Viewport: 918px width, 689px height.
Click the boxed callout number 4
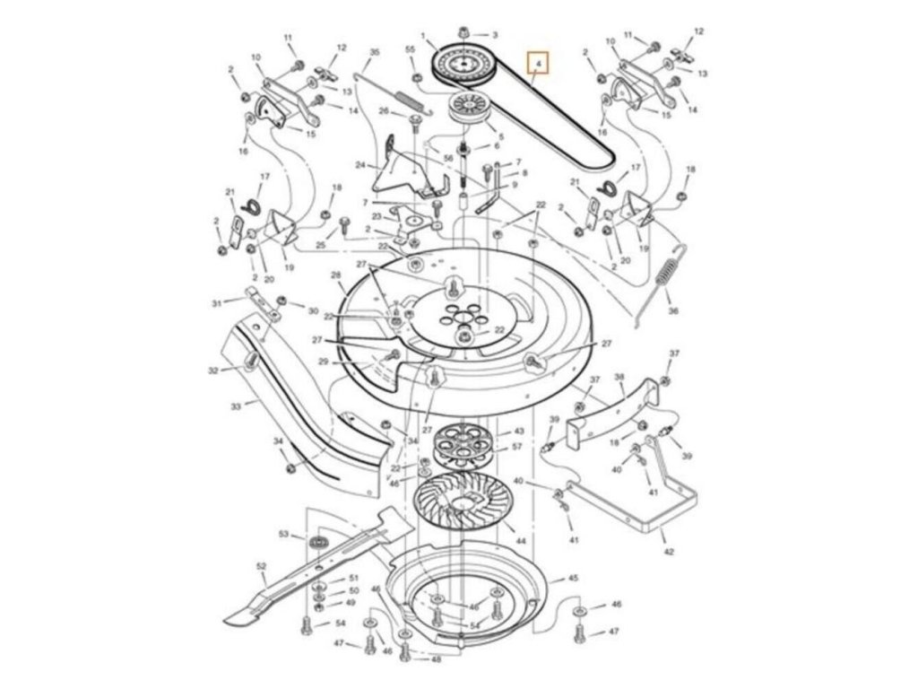coord(537,64)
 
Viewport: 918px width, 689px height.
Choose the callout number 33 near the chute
coord(236,406)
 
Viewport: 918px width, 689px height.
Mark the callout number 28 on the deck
coord(336,275)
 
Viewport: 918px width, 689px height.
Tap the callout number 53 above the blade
coord(284,534)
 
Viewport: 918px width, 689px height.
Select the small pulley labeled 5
coord(469,107)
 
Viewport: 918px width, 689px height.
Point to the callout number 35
coord(374,53)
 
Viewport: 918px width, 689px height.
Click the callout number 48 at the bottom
coord(436,659)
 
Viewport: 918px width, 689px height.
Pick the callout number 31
coord(216,303)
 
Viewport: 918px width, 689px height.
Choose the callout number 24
coord(360,165)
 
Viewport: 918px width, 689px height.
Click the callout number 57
coord(517,446)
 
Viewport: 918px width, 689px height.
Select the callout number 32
coord(212,370)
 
